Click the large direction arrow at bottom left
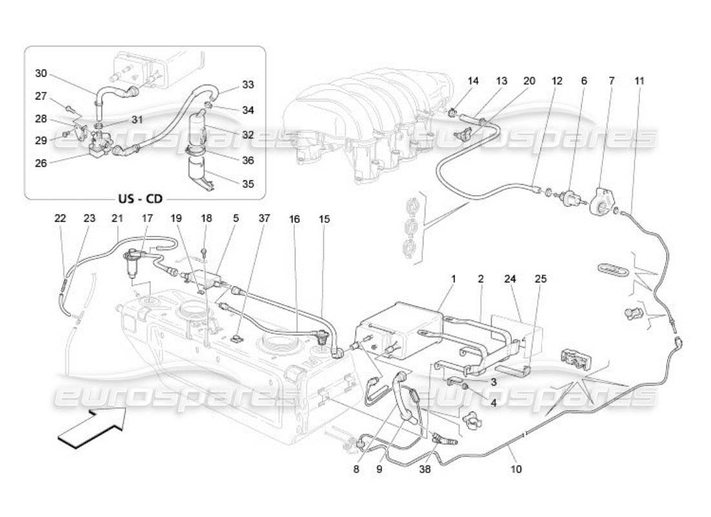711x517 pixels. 92,428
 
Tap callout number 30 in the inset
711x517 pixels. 41,73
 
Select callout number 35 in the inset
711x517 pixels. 248,184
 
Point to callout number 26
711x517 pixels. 41,164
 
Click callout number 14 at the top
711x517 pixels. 474,81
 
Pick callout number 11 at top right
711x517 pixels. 639,81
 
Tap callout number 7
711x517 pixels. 611,81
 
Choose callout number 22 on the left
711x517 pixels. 60,219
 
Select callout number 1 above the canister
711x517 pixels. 453,279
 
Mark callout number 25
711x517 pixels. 541,279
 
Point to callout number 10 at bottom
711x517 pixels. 516,470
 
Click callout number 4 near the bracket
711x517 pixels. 493,402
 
